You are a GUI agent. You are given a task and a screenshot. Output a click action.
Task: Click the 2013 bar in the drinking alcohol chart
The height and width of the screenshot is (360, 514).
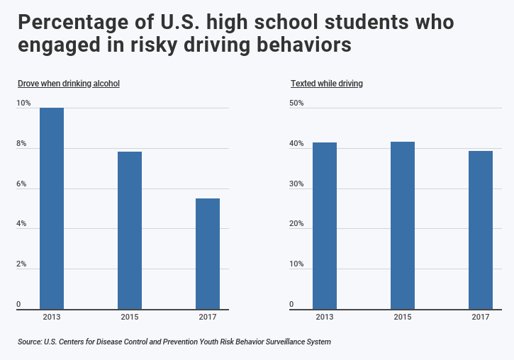pos(52,208)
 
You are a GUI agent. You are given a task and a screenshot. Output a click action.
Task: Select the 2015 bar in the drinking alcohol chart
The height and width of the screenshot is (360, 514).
pos(130,230)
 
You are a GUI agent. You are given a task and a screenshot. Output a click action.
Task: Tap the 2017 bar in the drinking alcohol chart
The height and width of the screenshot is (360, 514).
pos(208,254)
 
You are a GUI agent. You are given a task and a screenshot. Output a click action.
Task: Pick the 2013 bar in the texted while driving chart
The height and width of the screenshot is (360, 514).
pos(325,225)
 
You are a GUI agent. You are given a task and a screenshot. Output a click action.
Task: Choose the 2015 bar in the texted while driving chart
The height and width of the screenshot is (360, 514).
pos(403,225)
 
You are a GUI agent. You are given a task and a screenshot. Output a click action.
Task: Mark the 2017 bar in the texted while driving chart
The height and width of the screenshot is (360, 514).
pos(481,230)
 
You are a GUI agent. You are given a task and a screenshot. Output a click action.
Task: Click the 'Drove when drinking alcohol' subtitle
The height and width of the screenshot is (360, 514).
pos(69,84)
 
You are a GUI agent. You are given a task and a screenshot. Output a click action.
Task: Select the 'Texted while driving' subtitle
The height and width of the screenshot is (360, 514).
pos(327,84)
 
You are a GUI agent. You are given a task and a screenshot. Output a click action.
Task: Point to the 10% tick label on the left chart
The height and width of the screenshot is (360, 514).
pos(24,103)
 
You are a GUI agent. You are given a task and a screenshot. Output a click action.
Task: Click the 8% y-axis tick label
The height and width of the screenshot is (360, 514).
pos(22,144)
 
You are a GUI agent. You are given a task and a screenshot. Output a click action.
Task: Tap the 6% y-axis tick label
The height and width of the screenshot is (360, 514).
pos(22,184)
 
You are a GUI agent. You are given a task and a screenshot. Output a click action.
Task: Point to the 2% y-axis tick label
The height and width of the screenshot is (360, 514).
pos(22,264)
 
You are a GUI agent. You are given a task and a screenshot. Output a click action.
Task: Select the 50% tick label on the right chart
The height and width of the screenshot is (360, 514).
pos(296,103)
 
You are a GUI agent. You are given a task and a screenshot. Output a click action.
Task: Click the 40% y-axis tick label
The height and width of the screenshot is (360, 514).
pos(296,144)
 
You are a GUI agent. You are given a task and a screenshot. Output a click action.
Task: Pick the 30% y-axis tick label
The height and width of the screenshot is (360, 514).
pos(296,184)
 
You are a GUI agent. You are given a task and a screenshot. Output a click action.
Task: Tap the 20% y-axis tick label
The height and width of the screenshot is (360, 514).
pos(296,224)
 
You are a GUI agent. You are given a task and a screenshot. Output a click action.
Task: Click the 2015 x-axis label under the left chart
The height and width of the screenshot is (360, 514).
pos(130,317)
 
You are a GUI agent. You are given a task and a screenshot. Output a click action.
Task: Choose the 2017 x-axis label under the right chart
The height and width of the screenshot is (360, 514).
pos(481,317)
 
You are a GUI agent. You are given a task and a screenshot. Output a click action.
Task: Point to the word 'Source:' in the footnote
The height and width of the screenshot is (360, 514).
pos(29,342)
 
